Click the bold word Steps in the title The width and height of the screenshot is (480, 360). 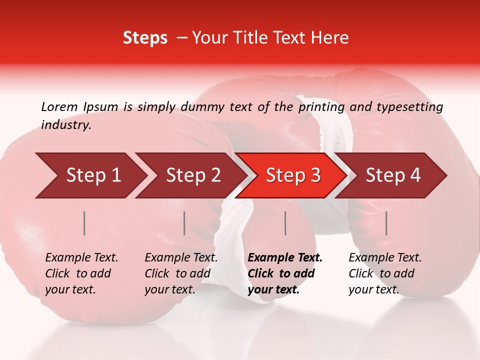[x=145, y=38]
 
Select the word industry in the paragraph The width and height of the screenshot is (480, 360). [x=66, y=125]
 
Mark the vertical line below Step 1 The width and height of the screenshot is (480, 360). [x=84, y=223]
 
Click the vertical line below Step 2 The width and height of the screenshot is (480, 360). [x=184, y=223]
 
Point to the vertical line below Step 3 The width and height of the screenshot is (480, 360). [x=285, y=223]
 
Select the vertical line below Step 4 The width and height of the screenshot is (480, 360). [x=386, y=223]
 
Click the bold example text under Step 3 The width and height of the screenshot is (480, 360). [x=284, y=273]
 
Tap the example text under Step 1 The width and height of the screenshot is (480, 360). [x=81, y=273]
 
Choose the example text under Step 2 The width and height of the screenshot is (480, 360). [x=181, y=273]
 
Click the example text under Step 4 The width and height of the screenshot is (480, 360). [x=384, y=273]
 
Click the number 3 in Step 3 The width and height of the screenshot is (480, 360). [x=315, y=175]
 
